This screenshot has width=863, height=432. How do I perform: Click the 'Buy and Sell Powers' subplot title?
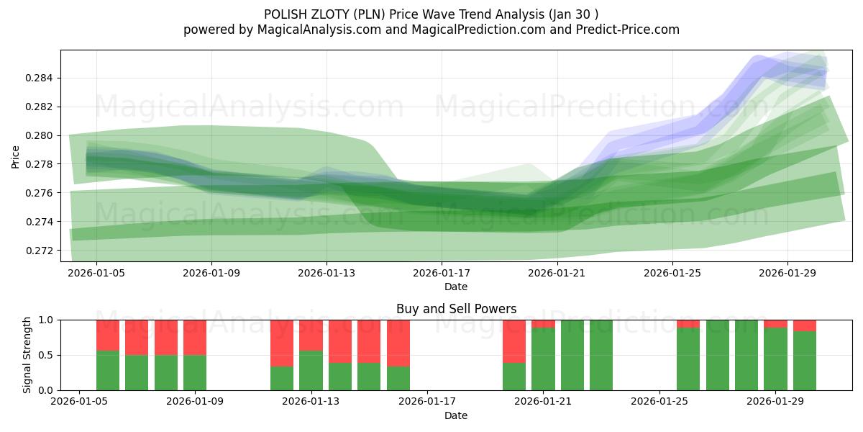pyautogui.click(x=456, y=309)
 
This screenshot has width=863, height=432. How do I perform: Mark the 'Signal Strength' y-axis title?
pyautogui.click(x=27, y=355)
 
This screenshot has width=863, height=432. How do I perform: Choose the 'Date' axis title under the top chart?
pyautogui.click(x=456, y=287)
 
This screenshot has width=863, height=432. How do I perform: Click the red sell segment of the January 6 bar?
pyautogui.click(x=108, y=335)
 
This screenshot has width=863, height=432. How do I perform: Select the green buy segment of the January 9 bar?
pyautogui.click(x=195, y=372)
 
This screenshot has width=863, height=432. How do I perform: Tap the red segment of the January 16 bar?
pyautogui.click(x=398, y=343)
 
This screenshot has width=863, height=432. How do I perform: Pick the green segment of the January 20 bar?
pyautogui.click(x=513, y=377)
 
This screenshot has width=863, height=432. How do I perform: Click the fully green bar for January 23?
pyautogui.click(x=601, y=355)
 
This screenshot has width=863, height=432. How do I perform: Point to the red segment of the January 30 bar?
pyautogui.click(x=804, y=325)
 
